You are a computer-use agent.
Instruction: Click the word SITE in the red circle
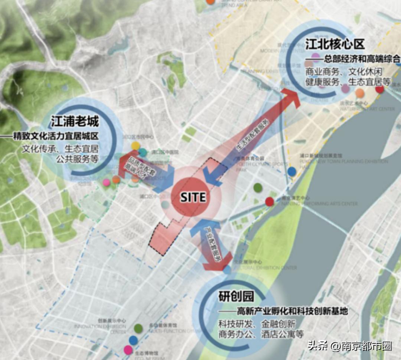click(x=193, y=197)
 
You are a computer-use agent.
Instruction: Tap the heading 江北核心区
click(x=334, y=45)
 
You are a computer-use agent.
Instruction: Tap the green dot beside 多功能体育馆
click(x=138, y=328)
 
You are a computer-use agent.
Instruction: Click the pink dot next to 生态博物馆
click(x=128, y=350)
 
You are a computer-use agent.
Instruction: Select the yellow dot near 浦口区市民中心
click(x=136, y=146)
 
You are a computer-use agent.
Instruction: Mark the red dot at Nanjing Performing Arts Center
click(x=270, y=202)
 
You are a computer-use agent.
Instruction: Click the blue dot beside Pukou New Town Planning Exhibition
click(x=292, y=171)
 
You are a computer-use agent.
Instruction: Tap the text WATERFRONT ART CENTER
click(x=367, y=109)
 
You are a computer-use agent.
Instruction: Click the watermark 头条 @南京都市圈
click(x=349, y=346)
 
